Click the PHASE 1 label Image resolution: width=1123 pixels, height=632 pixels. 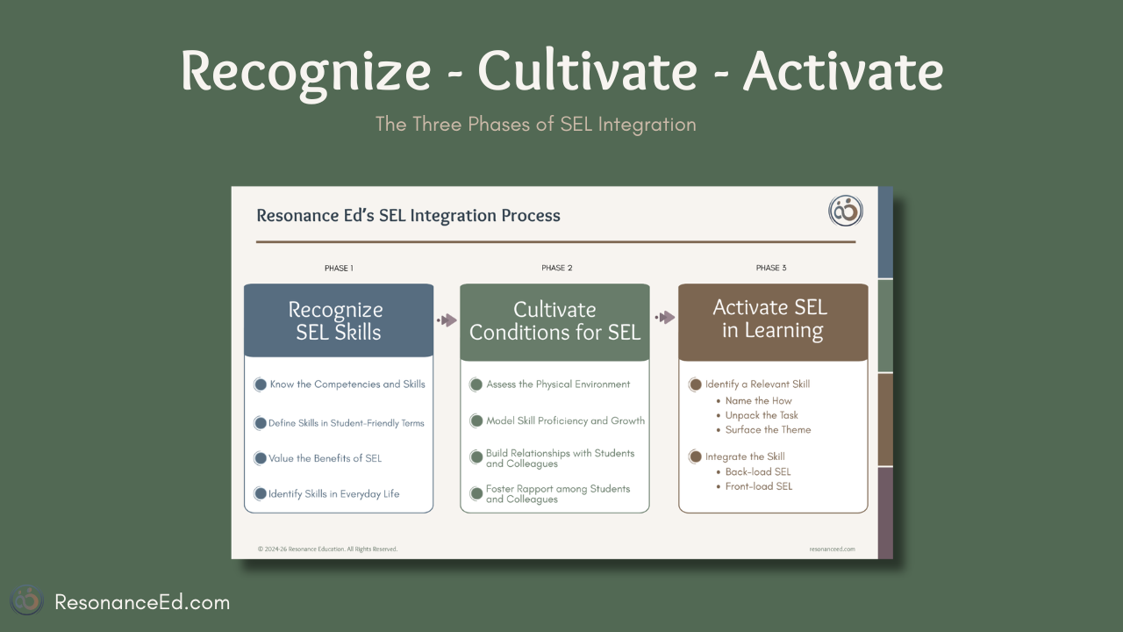(339, 269)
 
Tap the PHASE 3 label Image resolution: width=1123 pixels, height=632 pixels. (771, 268)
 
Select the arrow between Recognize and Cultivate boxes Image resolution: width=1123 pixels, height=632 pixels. (447, 320)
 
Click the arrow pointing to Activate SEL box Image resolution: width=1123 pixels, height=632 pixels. (665, 317)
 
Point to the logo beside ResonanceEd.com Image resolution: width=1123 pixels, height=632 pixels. (27, 600)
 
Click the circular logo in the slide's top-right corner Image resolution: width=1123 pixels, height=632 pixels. (846, 211)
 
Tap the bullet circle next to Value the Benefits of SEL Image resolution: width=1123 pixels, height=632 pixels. (260, 458)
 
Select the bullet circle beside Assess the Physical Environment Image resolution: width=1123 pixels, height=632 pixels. (476, 384)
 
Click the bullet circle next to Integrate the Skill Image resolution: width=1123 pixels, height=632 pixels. (695, 456)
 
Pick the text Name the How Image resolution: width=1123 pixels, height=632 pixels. (759, 401)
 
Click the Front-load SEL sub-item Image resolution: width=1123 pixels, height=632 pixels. (759, 486)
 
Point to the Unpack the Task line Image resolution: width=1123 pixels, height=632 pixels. (762, 415)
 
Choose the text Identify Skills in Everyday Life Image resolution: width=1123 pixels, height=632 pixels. (334, 494)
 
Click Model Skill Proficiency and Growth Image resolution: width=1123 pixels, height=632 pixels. (566, 420)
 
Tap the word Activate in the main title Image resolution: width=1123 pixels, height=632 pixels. (843, 70)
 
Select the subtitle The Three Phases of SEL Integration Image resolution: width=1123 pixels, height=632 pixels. (536, 125)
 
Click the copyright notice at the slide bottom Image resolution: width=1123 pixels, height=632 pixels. (328, 549)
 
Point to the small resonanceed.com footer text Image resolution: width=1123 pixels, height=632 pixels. (833, 549)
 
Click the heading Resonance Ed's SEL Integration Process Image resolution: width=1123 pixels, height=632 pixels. (408, 216)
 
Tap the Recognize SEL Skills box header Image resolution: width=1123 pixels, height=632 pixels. (339, 320)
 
